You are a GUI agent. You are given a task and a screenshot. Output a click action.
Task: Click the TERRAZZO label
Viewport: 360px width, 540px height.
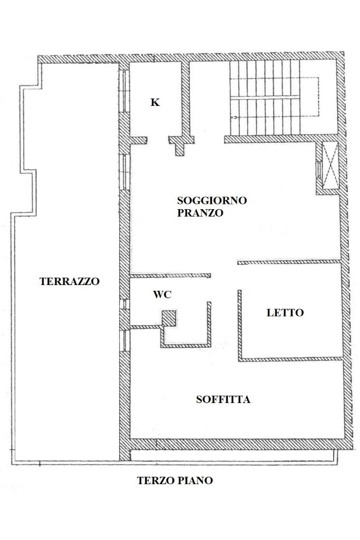pos(69,281)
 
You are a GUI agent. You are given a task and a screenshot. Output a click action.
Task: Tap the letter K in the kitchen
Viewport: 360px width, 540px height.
pos(155,102)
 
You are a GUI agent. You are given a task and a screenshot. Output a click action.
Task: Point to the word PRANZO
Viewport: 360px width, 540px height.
pos(200,213)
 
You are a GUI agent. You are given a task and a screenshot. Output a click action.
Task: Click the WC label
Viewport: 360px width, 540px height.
pos(162,295)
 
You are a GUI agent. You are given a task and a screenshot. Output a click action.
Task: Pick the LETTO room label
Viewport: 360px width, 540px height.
pos(285,312)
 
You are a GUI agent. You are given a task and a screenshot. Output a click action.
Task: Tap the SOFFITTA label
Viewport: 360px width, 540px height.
pos(223,399)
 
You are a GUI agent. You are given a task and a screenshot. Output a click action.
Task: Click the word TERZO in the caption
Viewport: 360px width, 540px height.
pos(155,480)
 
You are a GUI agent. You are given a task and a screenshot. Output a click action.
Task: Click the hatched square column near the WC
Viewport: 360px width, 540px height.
pos(169,318)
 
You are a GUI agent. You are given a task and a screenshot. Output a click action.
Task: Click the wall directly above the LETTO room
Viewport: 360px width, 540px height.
pos(289,262)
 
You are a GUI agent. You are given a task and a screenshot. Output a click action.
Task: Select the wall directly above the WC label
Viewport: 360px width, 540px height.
pos(170,275)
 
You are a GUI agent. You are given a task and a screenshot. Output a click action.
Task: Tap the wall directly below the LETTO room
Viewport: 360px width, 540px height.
pos(291,359)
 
